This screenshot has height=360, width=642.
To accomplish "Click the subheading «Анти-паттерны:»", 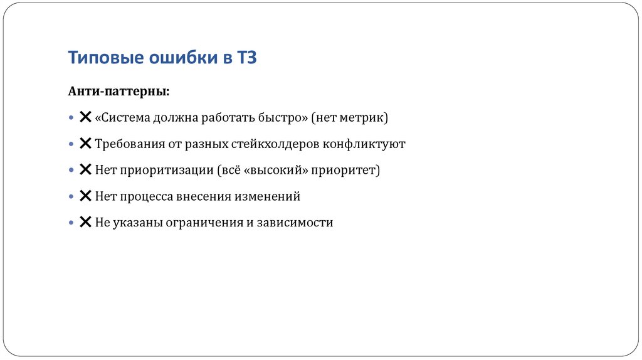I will [x=118, y=92].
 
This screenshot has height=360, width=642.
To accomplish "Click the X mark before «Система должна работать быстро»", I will [x=86, y=117].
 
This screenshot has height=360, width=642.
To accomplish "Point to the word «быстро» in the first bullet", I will [x=283, y=117].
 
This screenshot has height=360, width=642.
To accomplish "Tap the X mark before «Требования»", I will [x=86, y=144].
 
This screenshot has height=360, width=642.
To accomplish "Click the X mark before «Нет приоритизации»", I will [x=86, y=170].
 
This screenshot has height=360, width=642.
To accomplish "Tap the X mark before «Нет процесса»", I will [x=86, y=196].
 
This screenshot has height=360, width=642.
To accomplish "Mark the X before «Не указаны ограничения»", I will [x=86, y=223].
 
